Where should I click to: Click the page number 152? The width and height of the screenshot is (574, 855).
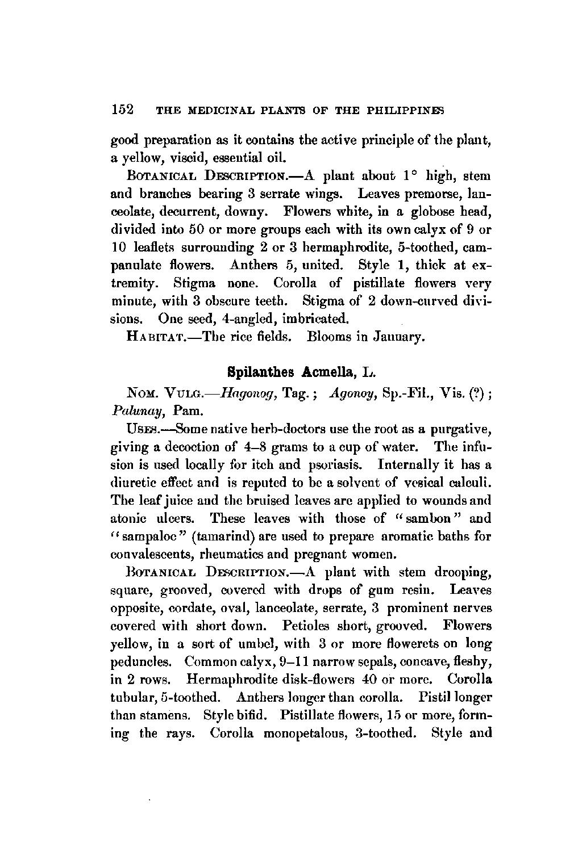click(x=122, y=109)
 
